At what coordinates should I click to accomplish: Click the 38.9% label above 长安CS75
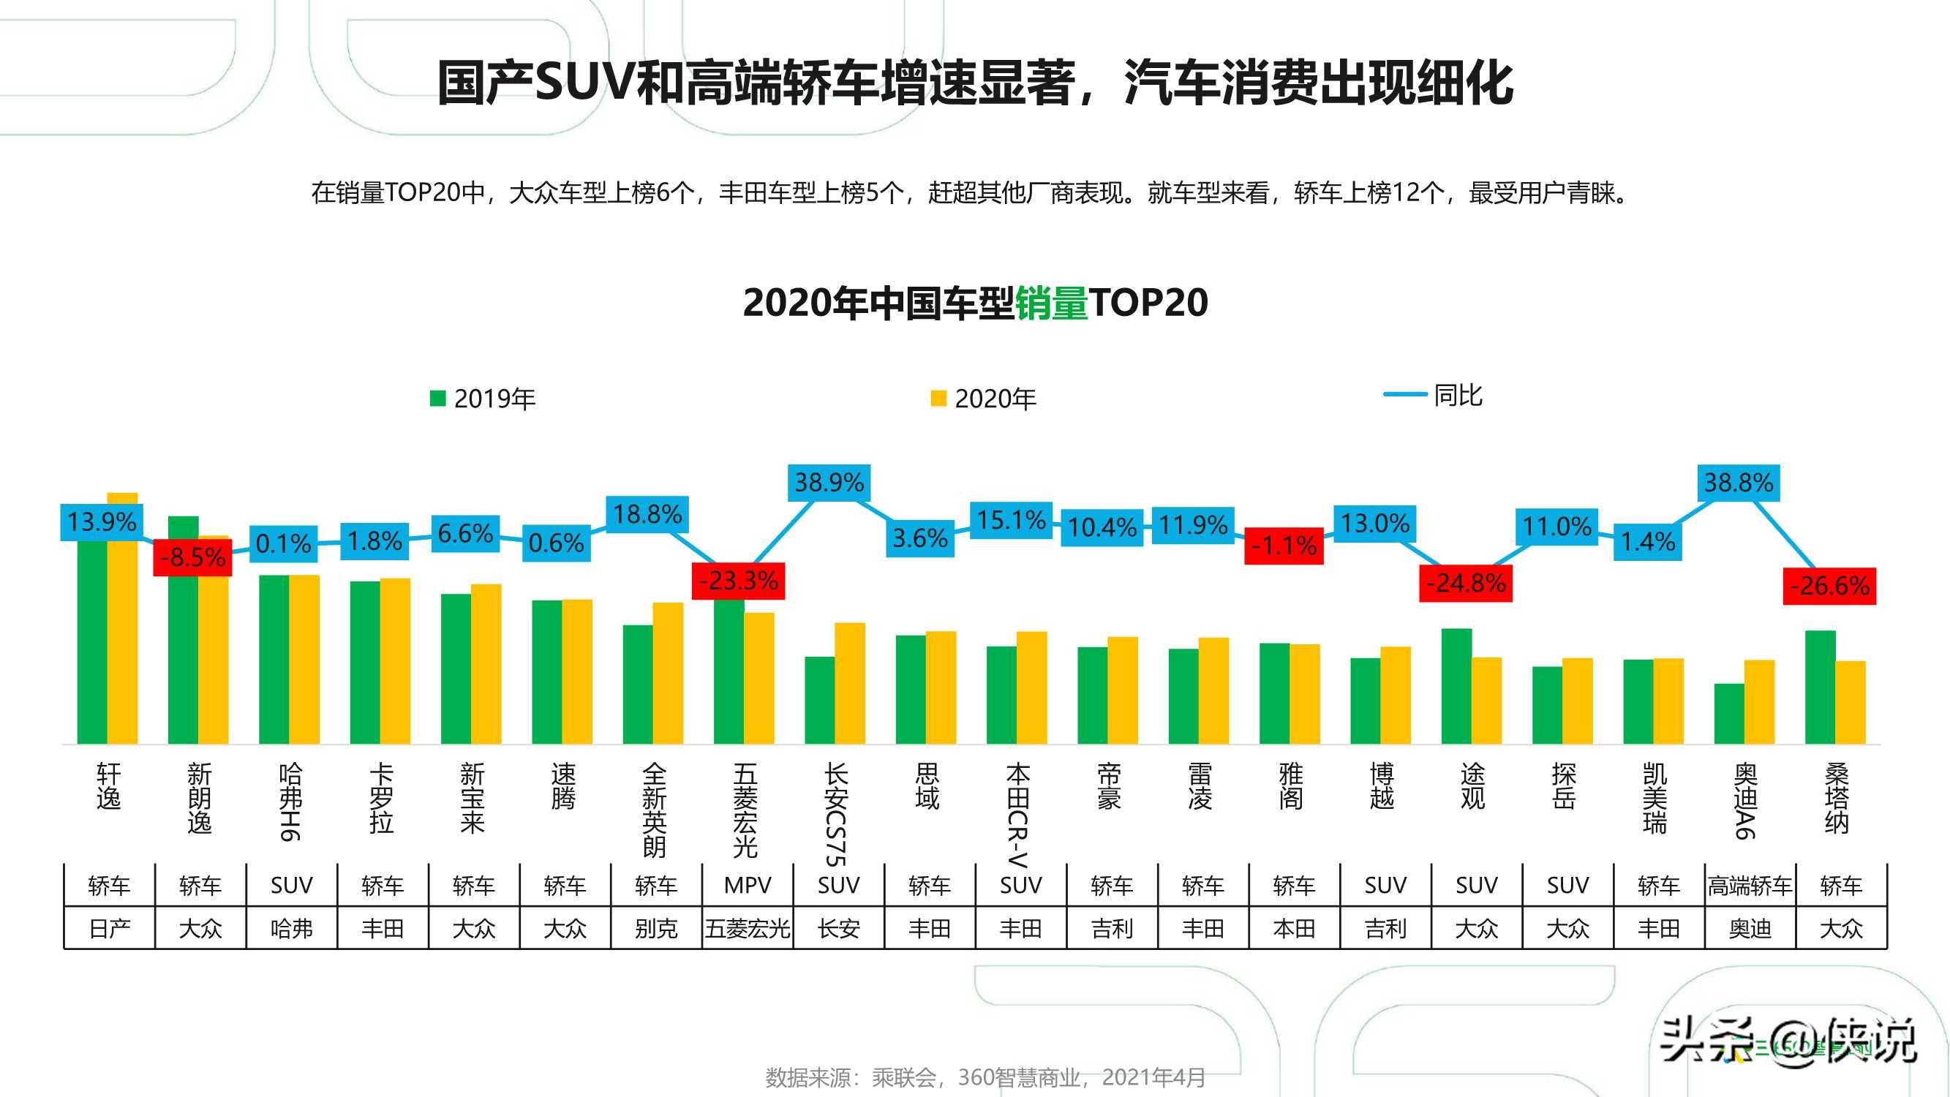coord(829,482)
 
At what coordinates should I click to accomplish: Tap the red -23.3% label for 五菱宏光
coord(738,581)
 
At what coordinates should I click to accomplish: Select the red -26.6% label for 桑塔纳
coord(1829,585)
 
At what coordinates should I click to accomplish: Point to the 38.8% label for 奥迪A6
coord(1738,482)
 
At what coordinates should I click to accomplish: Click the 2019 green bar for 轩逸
coord(92,644)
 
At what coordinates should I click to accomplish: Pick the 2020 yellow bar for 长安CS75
coord(850,683)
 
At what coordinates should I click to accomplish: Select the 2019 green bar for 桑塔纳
coord(1820,687)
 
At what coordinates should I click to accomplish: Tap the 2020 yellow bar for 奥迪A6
coord(1759,702)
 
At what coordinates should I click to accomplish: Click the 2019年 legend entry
coord(483,399)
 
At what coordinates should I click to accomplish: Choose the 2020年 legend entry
coord(983,399)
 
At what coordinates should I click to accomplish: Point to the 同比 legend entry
coord(1433,395)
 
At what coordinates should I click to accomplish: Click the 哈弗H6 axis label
coord(290,802)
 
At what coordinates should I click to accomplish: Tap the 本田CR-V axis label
coord(1018,814)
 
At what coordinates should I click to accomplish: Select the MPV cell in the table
coord(747,885)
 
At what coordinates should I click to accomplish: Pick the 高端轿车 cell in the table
coord(1750,885)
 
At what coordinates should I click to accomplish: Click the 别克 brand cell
coord(655,928)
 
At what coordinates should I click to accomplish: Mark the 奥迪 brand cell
coord(1750,928)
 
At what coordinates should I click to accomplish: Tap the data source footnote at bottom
coord(985,1077)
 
